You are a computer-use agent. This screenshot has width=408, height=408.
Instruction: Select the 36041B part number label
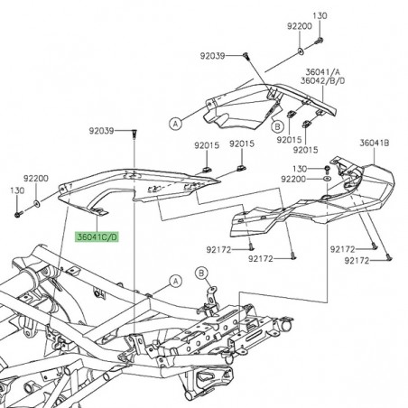click(374, 143)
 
